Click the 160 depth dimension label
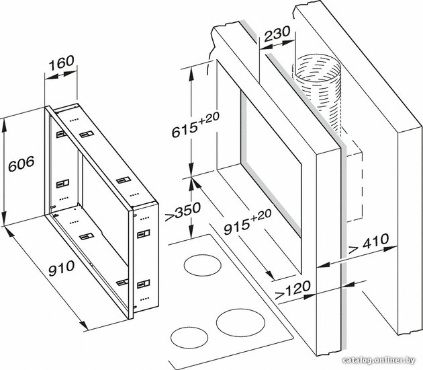pos(61,63)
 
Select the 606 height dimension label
pos(21,164)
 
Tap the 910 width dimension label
pos(62,268)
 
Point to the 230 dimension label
pos(277,34)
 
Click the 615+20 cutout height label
pos(196,125)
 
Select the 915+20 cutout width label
pos(248,222)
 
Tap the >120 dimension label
pos(293,290)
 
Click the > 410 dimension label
pos(369,244)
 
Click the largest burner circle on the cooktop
pos(240,323)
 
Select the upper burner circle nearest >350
pos(203,266)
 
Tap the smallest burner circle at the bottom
pos(189,338)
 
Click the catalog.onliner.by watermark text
pos(379,361)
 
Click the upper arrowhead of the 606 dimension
pos(4,125)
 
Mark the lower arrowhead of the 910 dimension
pos(83,325)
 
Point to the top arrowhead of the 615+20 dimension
pos(191,73)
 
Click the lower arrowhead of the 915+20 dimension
pos(270,275)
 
